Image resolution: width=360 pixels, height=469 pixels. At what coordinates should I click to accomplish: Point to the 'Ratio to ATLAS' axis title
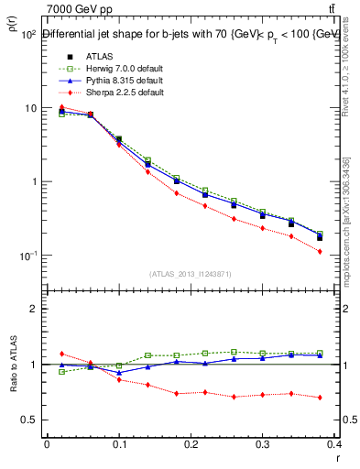click(12, 365)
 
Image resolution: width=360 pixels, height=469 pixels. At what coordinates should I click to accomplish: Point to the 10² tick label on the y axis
click(27, 36)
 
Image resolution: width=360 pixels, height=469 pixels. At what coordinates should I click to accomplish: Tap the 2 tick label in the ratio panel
click(32, 309)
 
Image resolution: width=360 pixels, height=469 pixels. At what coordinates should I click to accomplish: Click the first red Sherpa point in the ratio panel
click(61, 354)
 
